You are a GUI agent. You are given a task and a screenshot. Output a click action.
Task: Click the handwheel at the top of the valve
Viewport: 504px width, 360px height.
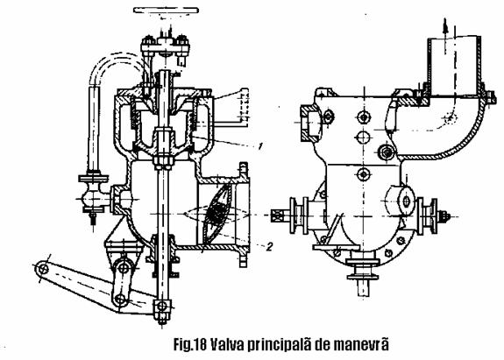tap(166, 11)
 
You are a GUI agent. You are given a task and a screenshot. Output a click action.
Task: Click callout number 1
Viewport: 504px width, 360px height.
tap(260, 146)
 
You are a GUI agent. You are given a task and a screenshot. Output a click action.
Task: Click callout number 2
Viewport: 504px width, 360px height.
tap(269, 246)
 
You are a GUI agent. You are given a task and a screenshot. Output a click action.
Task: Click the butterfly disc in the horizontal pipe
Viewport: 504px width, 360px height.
tap(218, 214)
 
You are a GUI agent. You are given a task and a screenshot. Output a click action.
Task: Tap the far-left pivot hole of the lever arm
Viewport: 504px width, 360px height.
tap(43, 269)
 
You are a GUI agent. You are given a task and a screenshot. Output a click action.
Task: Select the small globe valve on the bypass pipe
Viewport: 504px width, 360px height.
tap(94, 197)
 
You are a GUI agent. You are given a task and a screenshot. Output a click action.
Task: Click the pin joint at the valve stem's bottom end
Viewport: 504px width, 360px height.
tap(162, 306)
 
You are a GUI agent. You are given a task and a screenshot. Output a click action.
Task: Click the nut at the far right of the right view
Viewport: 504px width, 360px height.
tap(445, 216)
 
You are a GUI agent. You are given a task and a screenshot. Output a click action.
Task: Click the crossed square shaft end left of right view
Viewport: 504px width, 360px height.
tap(276, 215)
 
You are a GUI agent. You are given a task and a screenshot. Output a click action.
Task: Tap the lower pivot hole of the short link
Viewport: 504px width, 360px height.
tap(121, 300)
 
